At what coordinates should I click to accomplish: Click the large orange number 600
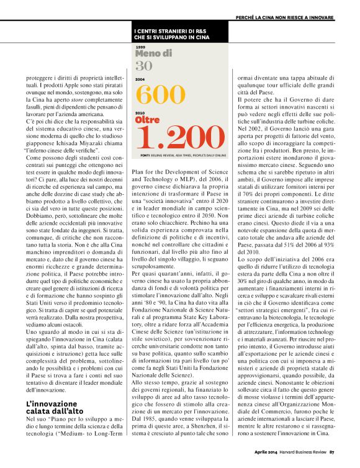coord(160,94)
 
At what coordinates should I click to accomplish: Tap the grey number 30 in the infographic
coord(143,66)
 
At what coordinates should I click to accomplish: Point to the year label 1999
coord(140,47)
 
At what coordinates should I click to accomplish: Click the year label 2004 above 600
coord(140,79)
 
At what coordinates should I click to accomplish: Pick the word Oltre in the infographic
coord(147,119)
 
